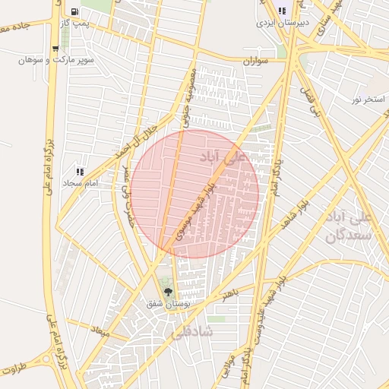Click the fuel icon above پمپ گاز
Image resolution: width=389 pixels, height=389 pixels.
click(74, 12)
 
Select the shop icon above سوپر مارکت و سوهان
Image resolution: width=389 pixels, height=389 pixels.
click(55, 49)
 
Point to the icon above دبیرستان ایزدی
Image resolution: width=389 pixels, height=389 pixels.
click(282, 11)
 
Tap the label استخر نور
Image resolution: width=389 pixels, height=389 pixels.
click(368, 100)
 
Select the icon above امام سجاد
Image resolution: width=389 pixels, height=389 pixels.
click(81, 172)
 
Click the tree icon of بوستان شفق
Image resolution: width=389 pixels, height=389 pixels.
click(169, 292)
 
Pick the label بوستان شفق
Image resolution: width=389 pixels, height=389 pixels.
click(169, 304)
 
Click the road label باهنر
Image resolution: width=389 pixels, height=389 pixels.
click(226, 293)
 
